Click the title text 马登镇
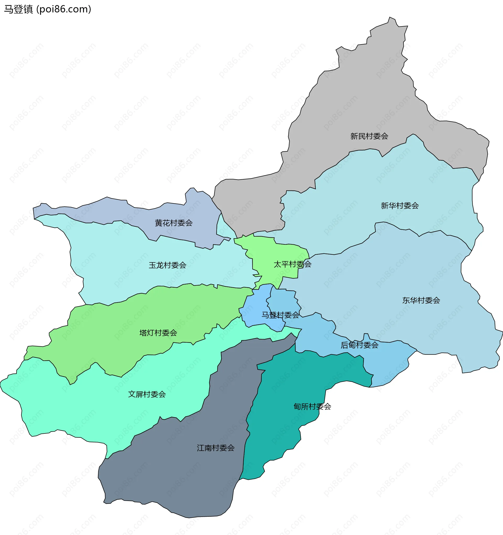(18, 9)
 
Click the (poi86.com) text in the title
(64, 9)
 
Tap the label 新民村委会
(369, 136)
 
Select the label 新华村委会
(400, 206)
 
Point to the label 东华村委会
(421, 300)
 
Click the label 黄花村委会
(173, 223)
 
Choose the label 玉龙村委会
(167, 265)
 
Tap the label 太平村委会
(292, 264)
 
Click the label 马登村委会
(280, 315)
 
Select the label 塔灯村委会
(158, 333)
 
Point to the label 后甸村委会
(359, 345)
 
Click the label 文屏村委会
(146, 394)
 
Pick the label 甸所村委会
(312, 406)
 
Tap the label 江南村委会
(215, 448)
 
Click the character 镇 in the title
(28, 9)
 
